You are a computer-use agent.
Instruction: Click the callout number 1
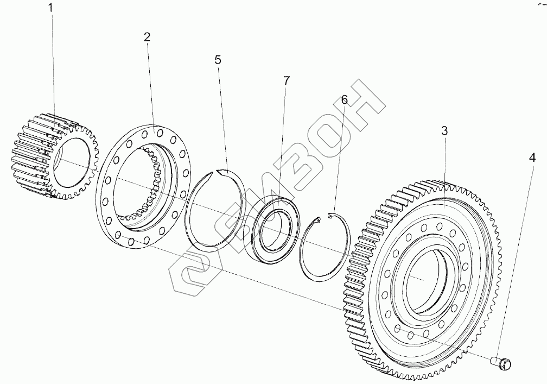(x=51, y=8)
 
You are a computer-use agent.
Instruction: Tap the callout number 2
(x=147, y=37)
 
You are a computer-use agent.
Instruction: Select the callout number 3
(x=444, y=130)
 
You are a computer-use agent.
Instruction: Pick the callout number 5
(x=218, y=60)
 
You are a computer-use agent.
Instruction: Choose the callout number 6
(x=343, y=100)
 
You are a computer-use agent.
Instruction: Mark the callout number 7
(x=286, y=80)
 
